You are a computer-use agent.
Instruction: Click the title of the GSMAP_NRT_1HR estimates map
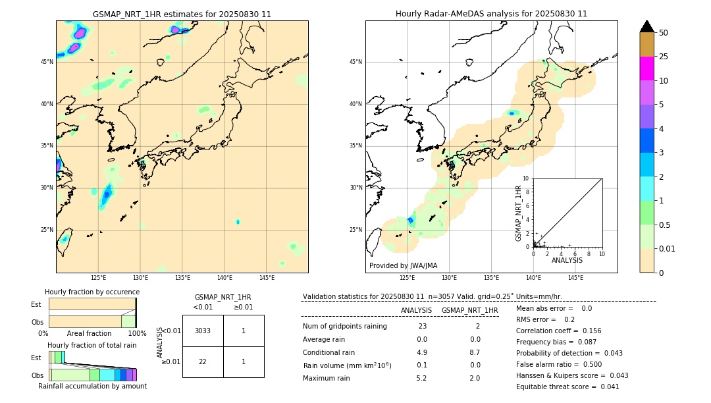click(x=182, y=14)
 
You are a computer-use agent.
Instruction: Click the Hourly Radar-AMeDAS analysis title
click(x=491, y=14)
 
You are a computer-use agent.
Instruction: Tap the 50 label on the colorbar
click(x=664, y=33)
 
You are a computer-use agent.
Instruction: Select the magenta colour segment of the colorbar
click(x=646, y=68)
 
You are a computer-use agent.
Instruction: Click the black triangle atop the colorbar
click(x=646, y=26)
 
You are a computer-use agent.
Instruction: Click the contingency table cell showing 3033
click(x=203, y=331)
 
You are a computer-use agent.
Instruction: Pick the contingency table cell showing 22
click(x=203, y=362)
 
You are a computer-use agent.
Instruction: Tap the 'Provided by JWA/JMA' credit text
click(x=403, y=265)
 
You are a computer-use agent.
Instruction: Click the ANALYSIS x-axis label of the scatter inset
click(x=567, y=260)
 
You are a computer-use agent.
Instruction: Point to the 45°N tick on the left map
click(x=47, y=62)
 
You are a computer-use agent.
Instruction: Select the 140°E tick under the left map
click(x=224, y=278)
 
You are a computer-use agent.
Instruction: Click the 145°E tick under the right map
click(x=575, y=278)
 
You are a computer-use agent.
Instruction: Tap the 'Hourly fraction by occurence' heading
click(x=92, y=292)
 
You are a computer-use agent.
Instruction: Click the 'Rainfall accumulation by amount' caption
click(x=92, y=386)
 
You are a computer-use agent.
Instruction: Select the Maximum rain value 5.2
click(x=421, y=378)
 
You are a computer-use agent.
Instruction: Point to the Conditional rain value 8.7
click(x=475, y=352)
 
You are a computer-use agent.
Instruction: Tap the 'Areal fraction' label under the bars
click(x=90, y=333)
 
